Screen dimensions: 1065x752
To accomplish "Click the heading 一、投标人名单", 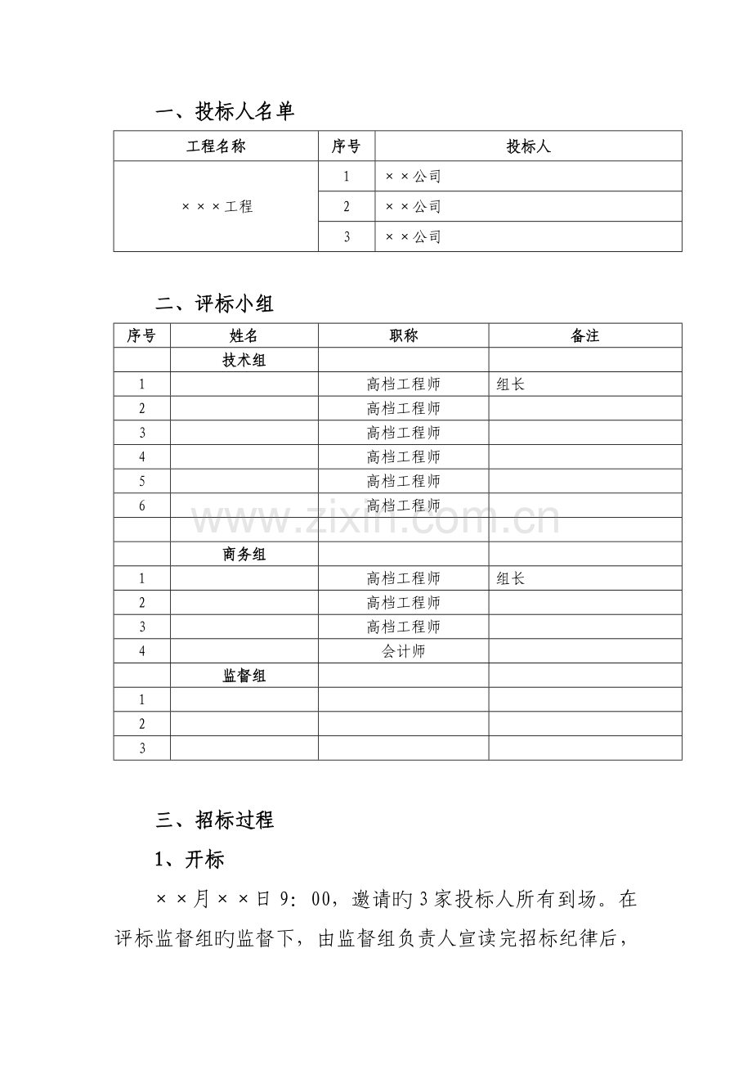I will [225, 112].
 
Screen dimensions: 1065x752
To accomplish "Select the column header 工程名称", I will [216, 147].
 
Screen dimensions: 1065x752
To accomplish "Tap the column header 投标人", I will [528, 147].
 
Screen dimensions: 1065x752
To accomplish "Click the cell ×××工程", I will [216, 207].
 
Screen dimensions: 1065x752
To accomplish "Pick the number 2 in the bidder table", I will [347, 207].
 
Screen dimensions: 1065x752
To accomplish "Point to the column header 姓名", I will [244, 336].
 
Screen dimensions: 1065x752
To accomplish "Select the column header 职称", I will [403, 336].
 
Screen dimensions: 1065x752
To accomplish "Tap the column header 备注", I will [585, 336].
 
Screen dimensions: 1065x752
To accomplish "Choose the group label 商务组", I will [244, 555].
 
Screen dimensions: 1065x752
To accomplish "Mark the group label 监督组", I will [244, 676].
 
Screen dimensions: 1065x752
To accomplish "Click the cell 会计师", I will [403, 652].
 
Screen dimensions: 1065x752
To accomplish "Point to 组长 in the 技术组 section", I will [510, 384].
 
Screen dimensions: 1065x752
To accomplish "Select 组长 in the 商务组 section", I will [510, 579].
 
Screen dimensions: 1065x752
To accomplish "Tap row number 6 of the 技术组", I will [142, 506].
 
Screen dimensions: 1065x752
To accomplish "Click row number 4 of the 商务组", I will [142, 652].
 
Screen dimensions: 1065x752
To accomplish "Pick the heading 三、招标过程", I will [214, 820].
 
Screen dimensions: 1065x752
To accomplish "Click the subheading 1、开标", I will [189, 860].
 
